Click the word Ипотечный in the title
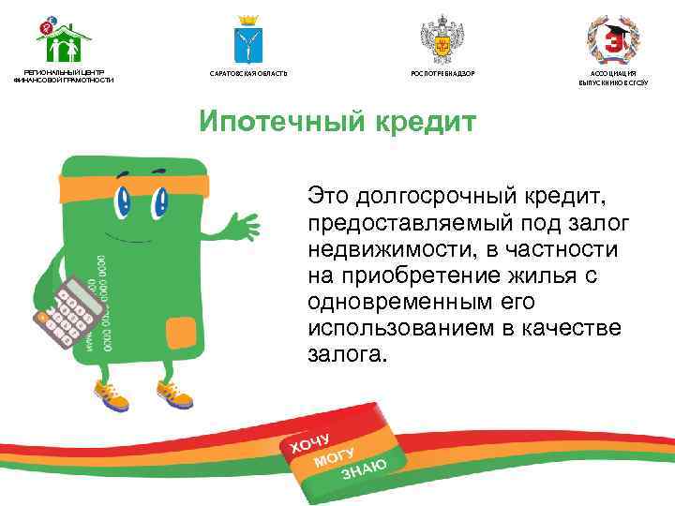click(273, 124)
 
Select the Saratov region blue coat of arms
click(248, 40)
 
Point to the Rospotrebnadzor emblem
click(438, 40)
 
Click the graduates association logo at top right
click(612, 40)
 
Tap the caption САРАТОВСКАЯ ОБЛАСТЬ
click(248, 73)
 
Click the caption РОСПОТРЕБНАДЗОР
click(438, 73)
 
